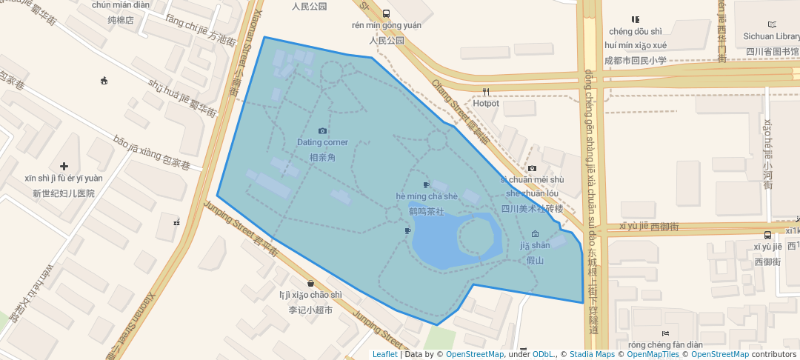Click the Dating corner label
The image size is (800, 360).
coord(322,142)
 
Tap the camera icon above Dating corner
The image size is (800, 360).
coord(322,131)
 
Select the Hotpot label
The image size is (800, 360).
coord(486,104)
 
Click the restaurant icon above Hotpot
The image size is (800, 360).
coord(486,93)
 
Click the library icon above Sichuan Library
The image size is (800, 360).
coord(773,24)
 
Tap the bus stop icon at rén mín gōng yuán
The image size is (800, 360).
coord(386,13)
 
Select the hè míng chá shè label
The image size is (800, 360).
coord(427,196)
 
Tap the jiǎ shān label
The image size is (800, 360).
coord(535,245)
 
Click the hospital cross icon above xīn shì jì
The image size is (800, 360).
coord(64,167)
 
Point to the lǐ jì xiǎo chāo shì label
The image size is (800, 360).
coord(310,295)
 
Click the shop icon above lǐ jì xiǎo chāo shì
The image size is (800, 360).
coord(310,283)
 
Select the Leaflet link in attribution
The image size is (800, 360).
coord(384,354)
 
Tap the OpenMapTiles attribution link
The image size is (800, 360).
coord(650,354)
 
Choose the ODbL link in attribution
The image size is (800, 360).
coord(542,354)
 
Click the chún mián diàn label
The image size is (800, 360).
coord(121,4)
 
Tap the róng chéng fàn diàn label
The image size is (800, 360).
coord(664,344)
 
